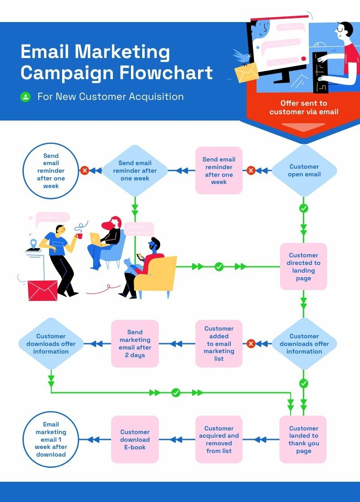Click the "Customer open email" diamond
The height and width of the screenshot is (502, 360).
[x=304, y=170]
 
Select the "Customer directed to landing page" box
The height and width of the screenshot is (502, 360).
[x=303, y=267]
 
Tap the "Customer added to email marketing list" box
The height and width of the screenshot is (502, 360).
[x=219, y=344]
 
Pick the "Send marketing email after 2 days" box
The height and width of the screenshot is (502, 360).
[x=135, y=344]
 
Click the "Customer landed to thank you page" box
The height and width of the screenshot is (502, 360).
[x=303, y=439]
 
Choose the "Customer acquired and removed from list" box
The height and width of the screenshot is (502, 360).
[x=219, y=439]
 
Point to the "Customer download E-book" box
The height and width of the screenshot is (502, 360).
[x=135, y=439]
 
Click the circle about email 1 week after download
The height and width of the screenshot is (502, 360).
[x=51, y=439]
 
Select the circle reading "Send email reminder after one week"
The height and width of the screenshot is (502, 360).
[x=51, y=170]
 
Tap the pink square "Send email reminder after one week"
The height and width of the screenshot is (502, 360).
[x=219, y=170]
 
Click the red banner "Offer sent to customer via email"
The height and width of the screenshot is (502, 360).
[x=304, y=108]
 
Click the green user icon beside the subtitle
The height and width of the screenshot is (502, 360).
[x=26, y=97]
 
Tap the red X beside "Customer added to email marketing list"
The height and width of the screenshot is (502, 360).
[x=251, y=344]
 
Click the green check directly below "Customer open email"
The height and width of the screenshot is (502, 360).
[x=304, y=208]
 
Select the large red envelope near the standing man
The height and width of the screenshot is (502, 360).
[x=43, y=290]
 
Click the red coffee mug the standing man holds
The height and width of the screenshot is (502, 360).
[x=79, y=236]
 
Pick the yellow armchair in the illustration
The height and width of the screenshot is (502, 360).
[x=157, y=274]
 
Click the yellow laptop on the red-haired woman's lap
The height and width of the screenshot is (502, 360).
[x=96, y=239]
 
